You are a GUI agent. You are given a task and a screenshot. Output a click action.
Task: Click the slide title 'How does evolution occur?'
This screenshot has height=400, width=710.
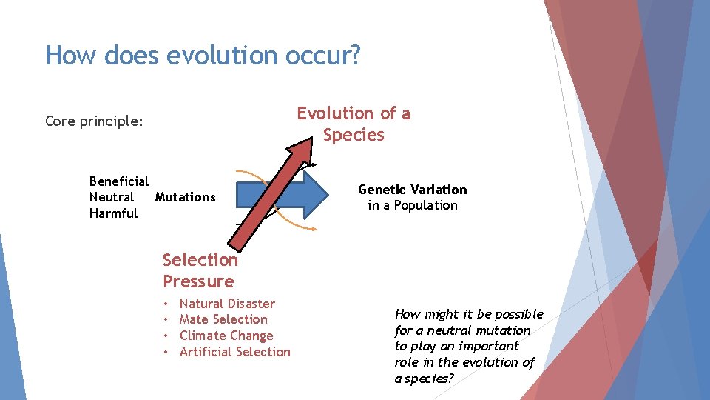click(x=203, y=56)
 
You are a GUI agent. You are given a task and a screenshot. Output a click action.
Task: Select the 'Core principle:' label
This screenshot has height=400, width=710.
click(x=94, y=121)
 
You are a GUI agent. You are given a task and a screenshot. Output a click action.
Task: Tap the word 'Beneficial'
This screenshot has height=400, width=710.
click(x=118, y=181)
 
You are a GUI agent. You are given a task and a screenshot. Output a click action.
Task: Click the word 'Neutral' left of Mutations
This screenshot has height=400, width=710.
click(x=111, y=197)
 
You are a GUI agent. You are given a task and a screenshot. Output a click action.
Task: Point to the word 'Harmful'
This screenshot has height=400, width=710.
click(x=113, y=213)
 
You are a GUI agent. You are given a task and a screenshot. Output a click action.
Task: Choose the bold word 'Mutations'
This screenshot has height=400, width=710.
click(x=185, y=197)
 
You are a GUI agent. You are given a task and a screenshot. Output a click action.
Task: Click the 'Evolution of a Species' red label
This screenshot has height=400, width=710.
click(x=354, y=124)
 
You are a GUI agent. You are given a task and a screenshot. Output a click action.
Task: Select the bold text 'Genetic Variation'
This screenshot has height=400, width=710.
click(x=413, y=190)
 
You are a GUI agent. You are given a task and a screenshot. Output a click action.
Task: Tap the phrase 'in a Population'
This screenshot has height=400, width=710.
click(x=413, y=205)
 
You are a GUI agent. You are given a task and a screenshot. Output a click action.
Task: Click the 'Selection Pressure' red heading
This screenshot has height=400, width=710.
click(x=200, y=270)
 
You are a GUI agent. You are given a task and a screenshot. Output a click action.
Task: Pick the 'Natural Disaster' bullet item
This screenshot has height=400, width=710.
click(x=227, y=304)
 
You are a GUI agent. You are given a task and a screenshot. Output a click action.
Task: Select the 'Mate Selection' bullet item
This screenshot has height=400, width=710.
click(x=223, y=319)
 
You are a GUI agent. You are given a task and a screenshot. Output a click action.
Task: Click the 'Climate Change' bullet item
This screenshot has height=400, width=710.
click(x=226, y=336)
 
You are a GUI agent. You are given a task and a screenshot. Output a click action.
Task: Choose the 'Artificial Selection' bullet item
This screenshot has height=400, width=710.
click(x=234, y=352)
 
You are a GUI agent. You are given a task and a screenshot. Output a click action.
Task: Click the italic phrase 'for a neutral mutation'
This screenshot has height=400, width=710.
click(x=462, y=330)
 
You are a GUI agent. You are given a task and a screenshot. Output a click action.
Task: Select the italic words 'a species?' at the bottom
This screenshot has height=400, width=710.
click(x=424, y=378)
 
